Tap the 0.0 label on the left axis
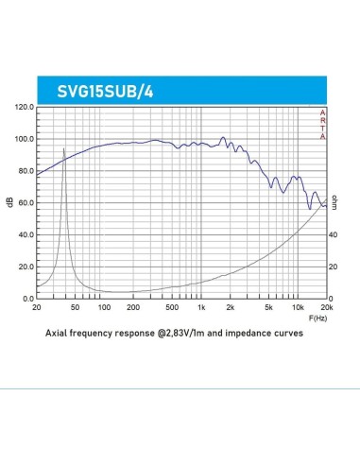(26, 299)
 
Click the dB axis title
(10, 202)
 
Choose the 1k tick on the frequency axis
(200, 308)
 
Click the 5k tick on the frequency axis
(268, 308)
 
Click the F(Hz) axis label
(319, 319)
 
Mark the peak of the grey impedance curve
(64, 148)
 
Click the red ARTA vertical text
(323, 125)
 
